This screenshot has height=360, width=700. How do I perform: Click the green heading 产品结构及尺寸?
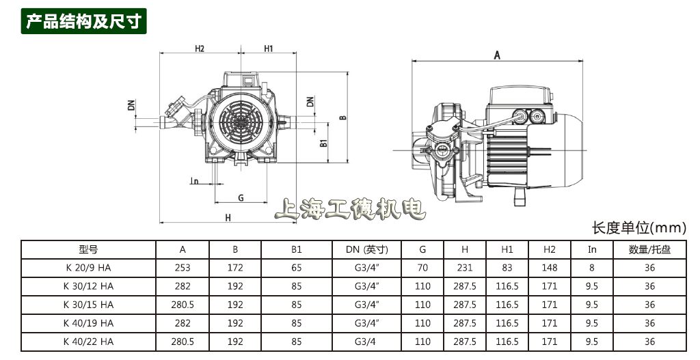84,20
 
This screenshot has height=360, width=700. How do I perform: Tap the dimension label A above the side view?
497,55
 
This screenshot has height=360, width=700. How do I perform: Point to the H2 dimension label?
200,49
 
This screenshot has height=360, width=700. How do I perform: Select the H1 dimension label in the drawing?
268,49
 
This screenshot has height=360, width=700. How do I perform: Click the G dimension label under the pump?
241,197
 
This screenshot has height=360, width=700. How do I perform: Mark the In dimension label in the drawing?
194,182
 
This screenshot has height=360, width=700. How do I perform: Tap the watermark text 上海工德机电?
350,209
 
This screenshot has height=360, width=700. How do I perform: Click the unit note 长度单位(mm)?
638,227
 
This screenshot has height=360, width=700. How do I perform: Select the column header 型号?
88,250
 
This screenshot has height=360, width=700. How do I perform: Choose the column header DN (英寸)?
367,250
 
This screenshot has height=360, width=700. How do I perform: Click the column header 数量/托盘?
649,250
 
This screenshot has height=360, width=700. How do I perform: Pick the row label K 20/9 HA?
88,268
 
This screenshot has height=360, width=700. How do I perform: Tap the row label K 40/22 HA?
88,342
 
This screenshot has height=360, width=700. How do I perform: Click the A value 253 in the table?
183,268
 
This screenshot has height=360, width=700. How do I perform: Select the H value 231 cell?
465,268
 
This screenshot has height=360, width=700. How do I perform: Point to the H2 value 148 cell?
549,268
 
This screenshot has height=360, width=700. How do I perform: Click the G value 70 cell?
422,268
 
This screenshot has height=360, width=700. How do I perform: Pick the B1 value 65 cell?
296,268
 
